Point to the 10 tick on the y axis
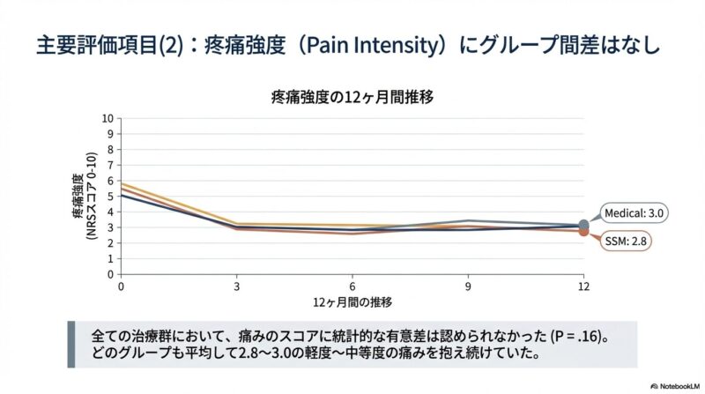[x=108, y=118]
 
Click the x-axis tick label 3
[x=237, y=286]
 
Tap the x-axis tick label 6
[x=352, y=286]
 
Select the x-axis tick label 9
[x=468, y=286]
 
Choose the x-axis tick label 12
[x=583, y=286]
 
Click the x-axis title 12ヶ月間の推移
[x=352, y=302]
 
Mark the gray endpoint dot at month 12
[x=583, y=226]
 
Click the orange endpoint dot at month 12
[x=583, y=232]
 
